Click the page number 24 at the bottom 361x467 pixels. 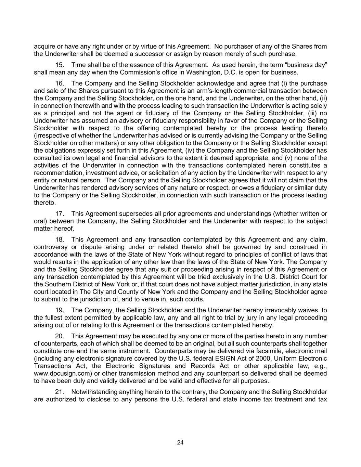pos(180,442)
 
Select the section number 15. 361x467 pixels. pos(60,65)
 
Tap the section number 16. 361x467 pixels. pos(60,83)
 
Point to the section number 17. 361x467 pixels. pos(60,214)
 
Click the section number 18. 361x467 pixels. pos(60,240)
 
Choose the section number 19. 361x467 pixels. pos(60,310)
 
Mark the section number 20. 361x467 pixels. pos(60,336)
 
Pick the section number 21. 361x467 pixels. pos(60,392)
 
